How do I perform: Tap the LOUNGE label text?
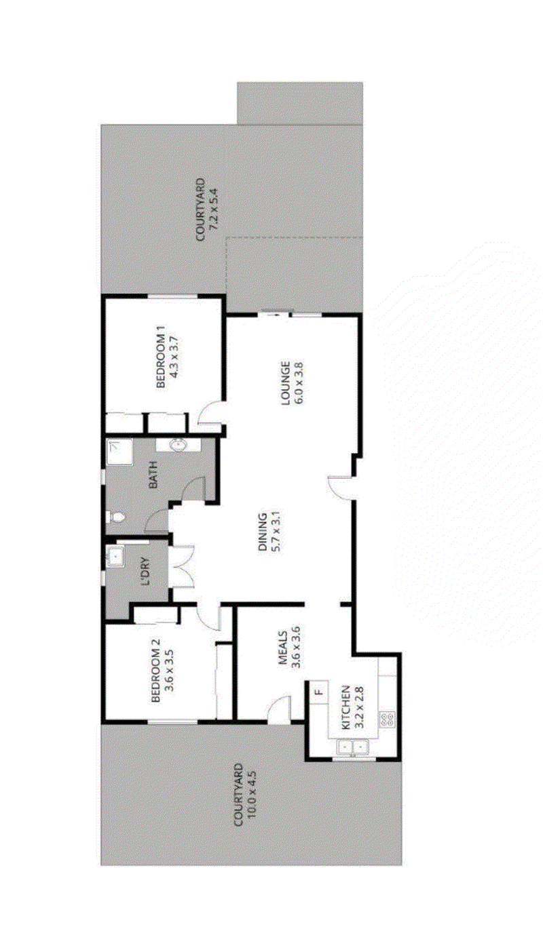point(285,383)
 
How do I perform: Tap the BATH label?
point(153,475)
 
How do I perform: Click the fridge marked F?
point(319,692)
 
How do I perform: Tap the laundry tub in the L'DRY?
point(115,557)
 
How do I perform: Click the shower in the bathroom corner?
point(119,451)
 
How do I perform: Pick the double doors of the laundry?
point(182,567)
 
